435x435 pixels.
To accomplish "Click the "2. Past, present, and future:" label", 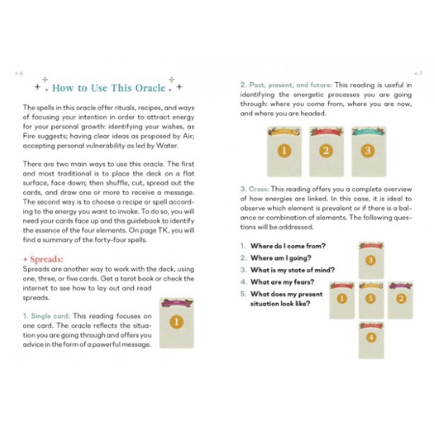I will [x=286, y=84].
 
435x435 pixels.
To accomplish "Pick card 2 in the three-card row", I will [x=326, y=151].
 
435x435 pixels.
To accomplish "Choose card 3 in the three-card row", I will [x=368, y=151].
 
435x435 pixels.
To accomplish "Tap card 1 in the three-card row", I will [x=283, y=151].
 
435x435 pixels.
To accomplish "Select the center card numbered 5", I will [x=371, y=299].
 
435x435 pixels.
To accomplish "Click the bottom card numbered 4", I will [x=371, y=337].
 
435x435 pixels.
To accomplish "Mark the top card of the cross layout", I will [x=371, y=260].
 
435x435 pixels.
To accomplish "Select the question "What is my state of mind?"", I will [x=289, y=270].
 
